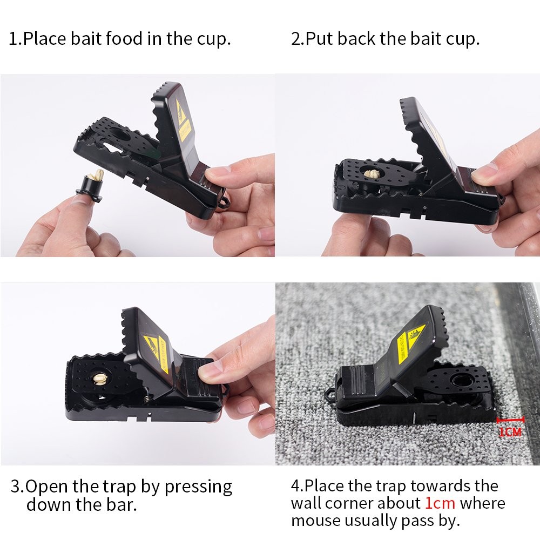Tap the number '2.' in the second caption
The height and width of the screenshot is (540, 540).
298,39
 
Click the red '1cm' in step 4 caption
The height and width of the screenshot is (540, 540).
440,503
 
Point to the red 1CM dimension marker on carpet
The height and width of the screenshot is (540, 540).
510,426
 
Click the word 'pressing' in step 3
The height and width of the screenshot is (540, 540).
198,487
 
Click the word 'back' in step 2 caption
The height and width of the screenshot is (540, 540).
365,39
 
